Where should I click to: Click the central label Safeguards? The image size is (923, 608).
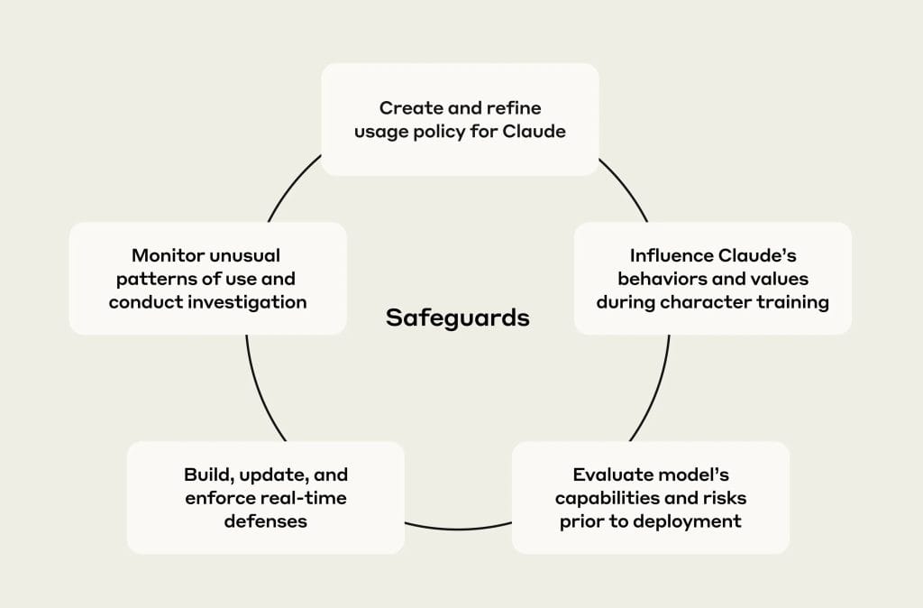click(457, 318)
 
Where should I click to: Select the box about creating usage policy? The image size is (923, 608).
click(460, 119)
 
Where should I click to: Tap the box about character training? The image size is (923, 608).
click(712, 278)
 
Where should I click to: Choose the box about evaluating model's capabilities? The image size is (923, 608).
click(650, 497)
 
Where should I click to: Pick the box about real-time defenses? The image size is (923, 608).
click(265, 497)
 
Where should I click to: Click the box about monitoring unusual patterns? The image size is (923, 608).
click(207, 278)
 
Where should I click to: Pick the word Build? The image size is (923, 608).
click(207, 474)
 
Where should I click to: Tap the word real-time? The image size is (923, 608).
click(303, 498)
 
